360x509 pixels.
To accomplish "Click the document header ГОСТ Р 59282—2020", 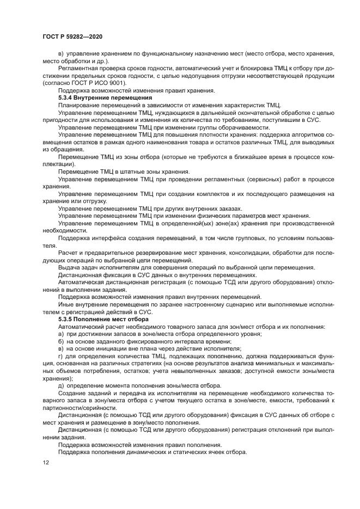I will tap(72, 35).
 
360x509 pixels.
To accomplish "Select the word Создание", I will tap(74, 393).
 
